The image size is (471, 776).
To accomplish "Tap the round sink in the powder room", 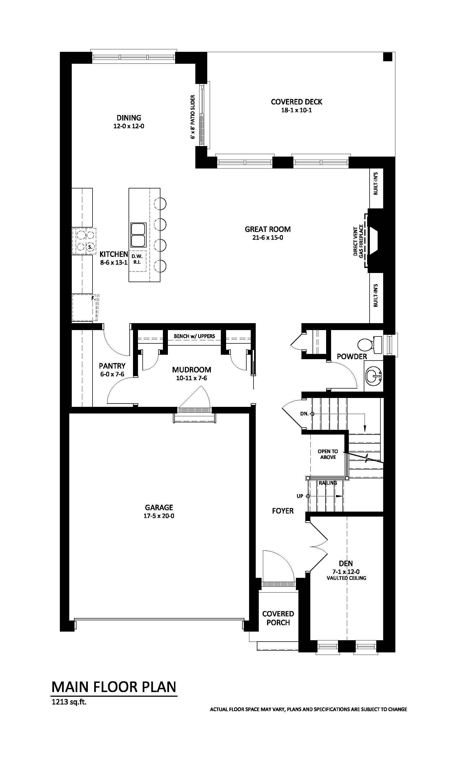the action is pyautogui.click(x=374, y=376).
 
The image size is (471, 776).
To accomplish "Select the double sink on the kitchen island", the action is pyautogui.click(x=139, y=235).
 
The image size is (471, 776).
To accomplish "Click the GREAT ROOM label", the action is pyautogui.click(x=268, y=229).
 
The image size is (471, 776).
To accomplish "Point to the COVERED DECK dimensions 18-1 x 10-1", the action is pyautogui.click(x=296, y=110).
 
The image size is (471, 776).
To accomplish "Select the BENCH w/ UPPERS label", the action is pyautogui.click(x=194, y=336).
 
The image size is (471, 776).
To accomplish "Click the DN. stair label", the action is pyautogui.click(x=304, y=414).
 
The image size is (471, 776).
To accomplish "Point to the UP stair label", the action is pyautogui.click(x=300, y=496).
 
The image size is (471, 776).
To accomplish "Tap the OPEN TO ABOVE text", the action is pyautogui.click(x=328, y=454).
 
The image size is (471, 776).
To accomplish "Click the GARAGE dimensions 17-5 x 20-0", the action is pyautogui.click(x=159, y=516).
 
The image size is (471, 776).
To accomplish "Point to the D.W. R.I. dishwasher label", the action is pyautogui.click(x=137, y=259).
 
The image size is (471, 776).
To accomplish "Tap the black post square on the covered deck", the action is pyautogui.click(x=388, y=57).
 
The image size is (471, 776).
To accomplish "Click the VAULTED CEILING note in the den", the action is pyautogui.click(x=346, y=578).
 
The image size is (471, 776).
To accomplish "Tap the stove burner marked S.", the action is pyautogui.click(x=90, y=247).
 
